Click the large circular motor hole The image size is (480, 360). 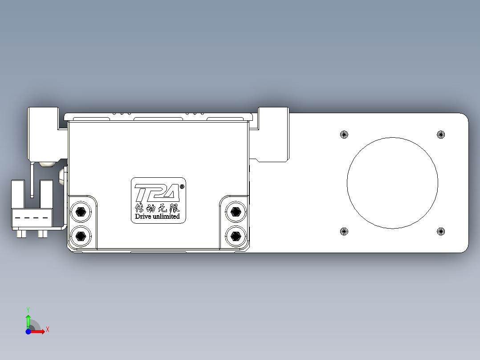[392, 183]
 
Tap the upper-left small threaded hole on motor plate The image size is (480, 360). [343, 134]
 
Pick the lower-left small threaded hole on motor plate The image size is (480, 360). [343, 231]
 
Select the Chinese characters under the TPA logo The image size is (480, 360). [157, 208]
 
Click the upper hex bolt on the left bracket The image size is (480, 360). [81, 211]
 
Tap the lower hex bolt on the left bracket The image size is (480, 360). [81, 235]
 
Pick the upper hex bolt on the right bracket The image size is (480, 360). [235, 211]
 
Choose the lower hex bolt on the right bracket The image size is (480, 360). [235, 235]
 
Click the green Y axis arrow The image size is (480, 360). [28, 319]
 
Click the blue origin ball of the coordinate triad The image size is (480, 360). [28, 331]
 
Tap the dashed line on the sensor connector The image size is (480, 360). [36, 218]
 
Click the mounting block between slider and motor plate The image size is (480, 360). [273, 134]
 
